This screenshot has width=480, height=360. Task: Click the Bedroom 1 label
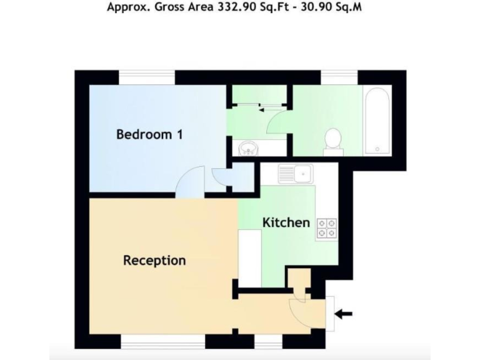149,134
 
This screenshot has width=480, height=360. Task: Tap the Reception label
154,260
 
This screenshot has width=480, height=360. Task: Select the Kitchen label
286,222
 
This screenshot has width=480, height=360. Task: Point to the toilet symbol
333,140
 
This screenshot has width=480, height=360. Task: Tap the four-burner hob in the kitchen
326,228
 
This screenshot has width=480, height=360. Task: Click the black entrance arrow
343,313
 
